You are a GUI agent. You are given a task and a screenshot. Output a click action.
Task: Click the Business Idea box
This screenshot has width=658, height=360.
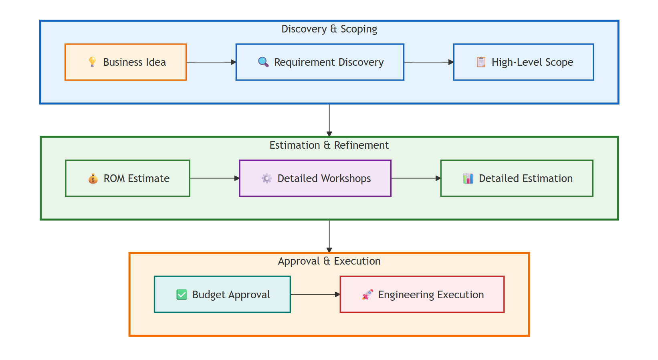125,62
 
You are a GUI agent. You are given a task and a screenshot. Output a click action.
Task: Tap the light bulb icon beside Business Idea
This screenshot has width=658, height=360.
92,62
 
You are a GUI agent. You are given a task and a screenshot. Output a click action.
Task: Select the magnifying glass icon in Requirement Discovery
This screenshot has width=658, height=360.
263,62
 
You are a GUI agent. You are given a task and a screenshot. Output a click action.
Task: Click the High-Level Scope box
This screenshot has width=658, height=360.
523,62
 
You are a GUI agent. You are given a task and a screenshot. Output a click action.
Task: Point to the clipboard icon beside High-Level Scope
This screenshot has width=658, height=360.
481,62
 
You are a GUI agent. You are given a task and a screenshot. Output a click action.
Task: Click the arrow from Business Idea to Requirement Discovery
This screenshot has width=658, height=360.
211,62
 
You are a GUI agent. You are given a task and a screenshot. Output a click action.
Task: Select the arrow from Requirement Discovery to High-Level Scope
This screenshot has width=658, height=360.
429,62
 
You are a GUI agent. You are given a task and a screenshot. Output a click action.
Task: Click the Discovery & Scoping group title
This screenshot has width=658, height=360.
329,29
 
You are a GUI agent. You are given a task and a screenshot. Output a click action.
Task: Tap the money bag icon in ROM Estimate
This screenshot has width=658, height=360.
93,178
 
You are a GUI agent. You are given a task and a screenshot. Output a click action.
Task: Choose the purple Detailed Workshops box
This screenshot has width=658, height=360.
315,178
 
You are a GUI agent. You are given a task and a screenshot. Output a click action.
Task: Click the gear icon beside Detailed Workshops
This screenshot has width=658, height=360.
266,178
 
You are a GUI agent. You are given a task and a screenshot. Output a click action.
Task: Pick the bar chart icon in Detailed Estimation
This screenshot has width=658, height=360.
468,178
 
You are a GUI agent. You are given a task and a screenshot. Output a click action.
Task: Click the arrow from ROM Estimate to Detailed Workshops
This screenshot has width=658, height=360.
214,178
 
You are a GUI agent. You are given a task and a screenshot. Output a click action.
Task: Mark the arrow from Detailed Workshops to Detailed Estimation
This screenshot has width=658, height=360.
416,178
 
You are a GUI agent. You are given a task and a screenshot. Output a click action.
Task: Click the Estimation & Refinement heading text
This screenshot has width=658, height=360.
329,145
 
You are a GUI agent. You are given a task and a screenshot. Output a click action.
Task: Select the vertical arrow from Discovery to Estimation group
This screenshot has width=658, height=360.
329,120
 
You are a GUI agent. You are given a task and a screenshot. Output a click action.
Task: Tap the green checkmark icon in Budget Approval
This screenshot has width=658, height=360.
182,295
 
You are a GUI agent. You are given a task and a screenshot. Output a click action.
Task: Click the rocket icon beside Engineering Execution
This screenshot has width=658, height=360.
367,295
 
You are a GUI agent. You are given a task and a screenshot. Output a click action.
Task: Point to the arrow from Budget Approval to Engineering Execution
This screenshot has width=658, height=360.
315,294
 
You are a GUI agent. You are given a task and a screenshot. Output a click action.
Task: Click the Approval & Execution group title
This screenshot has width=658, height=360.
329,261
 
